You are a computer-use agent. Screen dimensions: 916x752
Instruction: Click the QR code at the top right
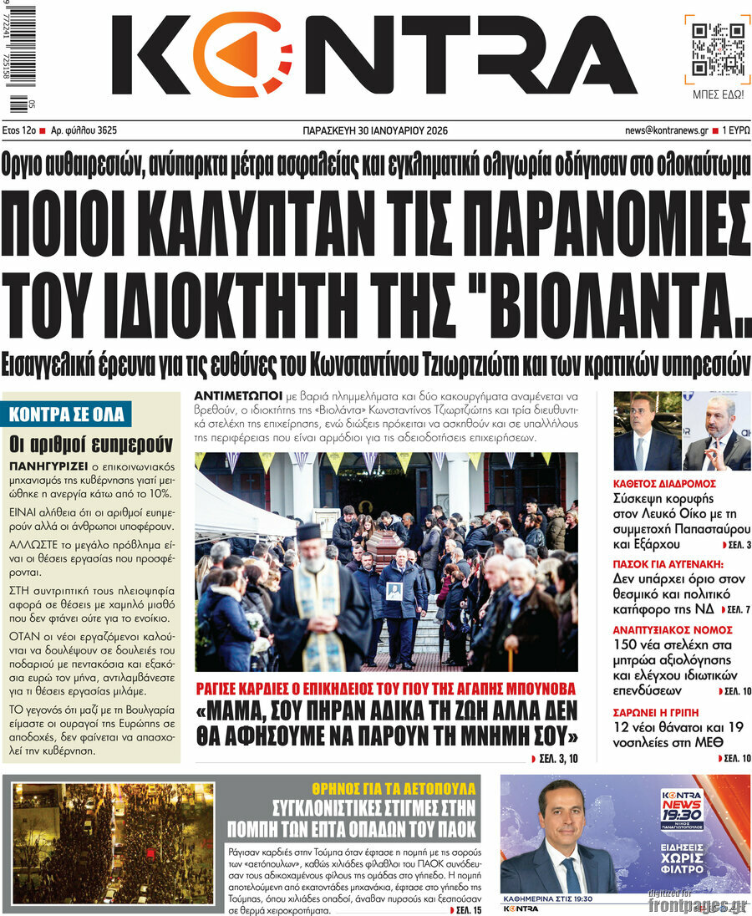(x=717, y=48)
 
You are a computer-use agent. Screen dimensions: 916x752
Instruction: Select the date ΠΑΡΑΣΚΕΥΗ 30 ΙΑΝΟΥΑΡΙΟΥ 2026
(x=374, y=130)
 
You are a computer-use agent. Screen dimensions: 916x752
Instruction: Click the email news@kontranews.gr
(x=666, y=130)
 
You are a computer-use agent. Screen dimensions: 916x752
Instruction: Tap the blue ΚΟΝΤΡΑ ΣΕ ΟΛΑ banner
(x=67, y=414)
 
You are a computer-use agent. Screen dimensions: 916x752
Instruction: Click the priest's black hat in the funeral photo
(x=308, y=532)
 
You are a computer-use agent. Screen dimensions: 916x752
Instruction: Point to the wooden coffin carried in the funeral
(x=384, y=547)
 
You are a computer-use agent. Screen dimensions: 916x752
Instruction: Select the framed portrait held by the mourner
(x=394, y=591)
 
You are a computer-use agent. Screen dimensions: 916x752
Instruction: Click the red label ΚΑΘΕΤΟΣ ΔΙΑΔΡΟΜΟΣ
(x=664, y=483)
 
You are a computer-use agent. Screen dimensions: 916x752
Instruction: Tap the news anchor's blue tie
(x=571, y=873)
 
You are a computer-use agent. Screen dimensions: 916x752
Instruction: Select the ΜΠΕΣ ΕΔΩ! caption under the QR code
(x=718, y=94)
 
